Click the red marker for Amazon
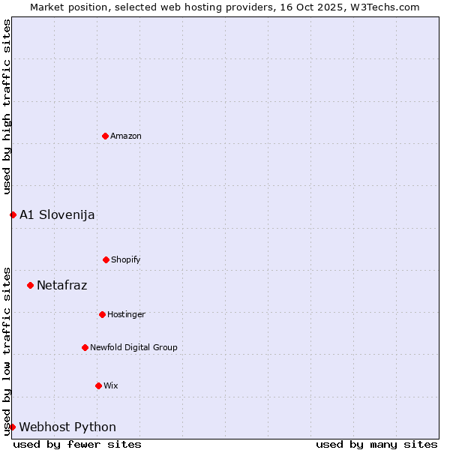105,136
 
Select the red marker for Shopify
106,259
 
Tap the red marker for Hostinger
102,314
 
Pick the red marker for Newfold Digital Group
85,347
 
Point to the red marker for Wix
98,385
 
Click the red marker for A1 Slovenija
13,214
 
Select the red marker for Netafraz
30,285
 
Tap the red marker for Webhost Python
12,427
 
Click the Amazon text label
126,136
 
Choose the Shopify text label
126,259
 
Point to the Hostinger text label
126,314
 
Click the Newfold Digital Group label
133,347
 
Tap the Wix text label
111,385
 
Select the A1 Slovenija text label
57,214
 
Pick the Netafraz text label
61,285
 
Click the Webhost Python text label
67,427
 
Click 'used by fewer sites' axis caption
77,444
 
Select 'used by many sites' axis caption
376,444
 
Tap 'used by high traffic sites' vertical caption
7,106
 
